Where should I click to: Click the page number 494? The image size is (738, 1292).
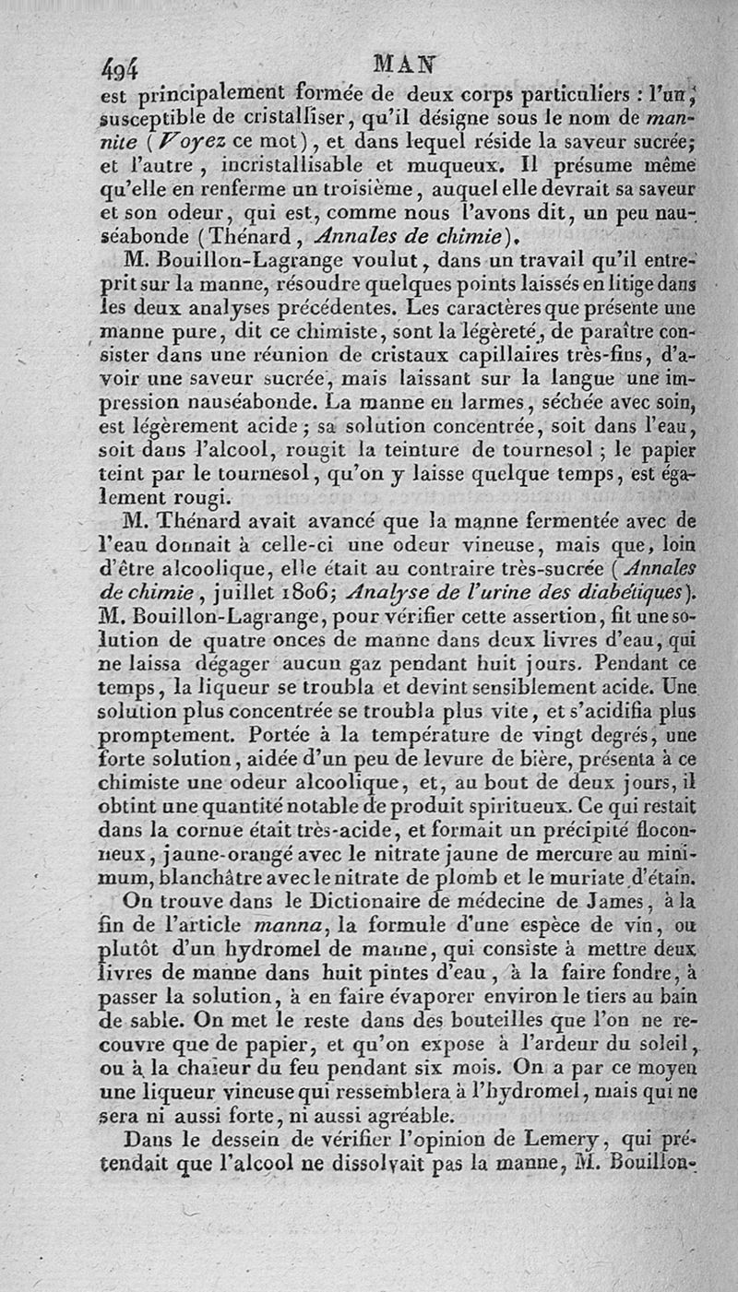pos(119,67)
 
